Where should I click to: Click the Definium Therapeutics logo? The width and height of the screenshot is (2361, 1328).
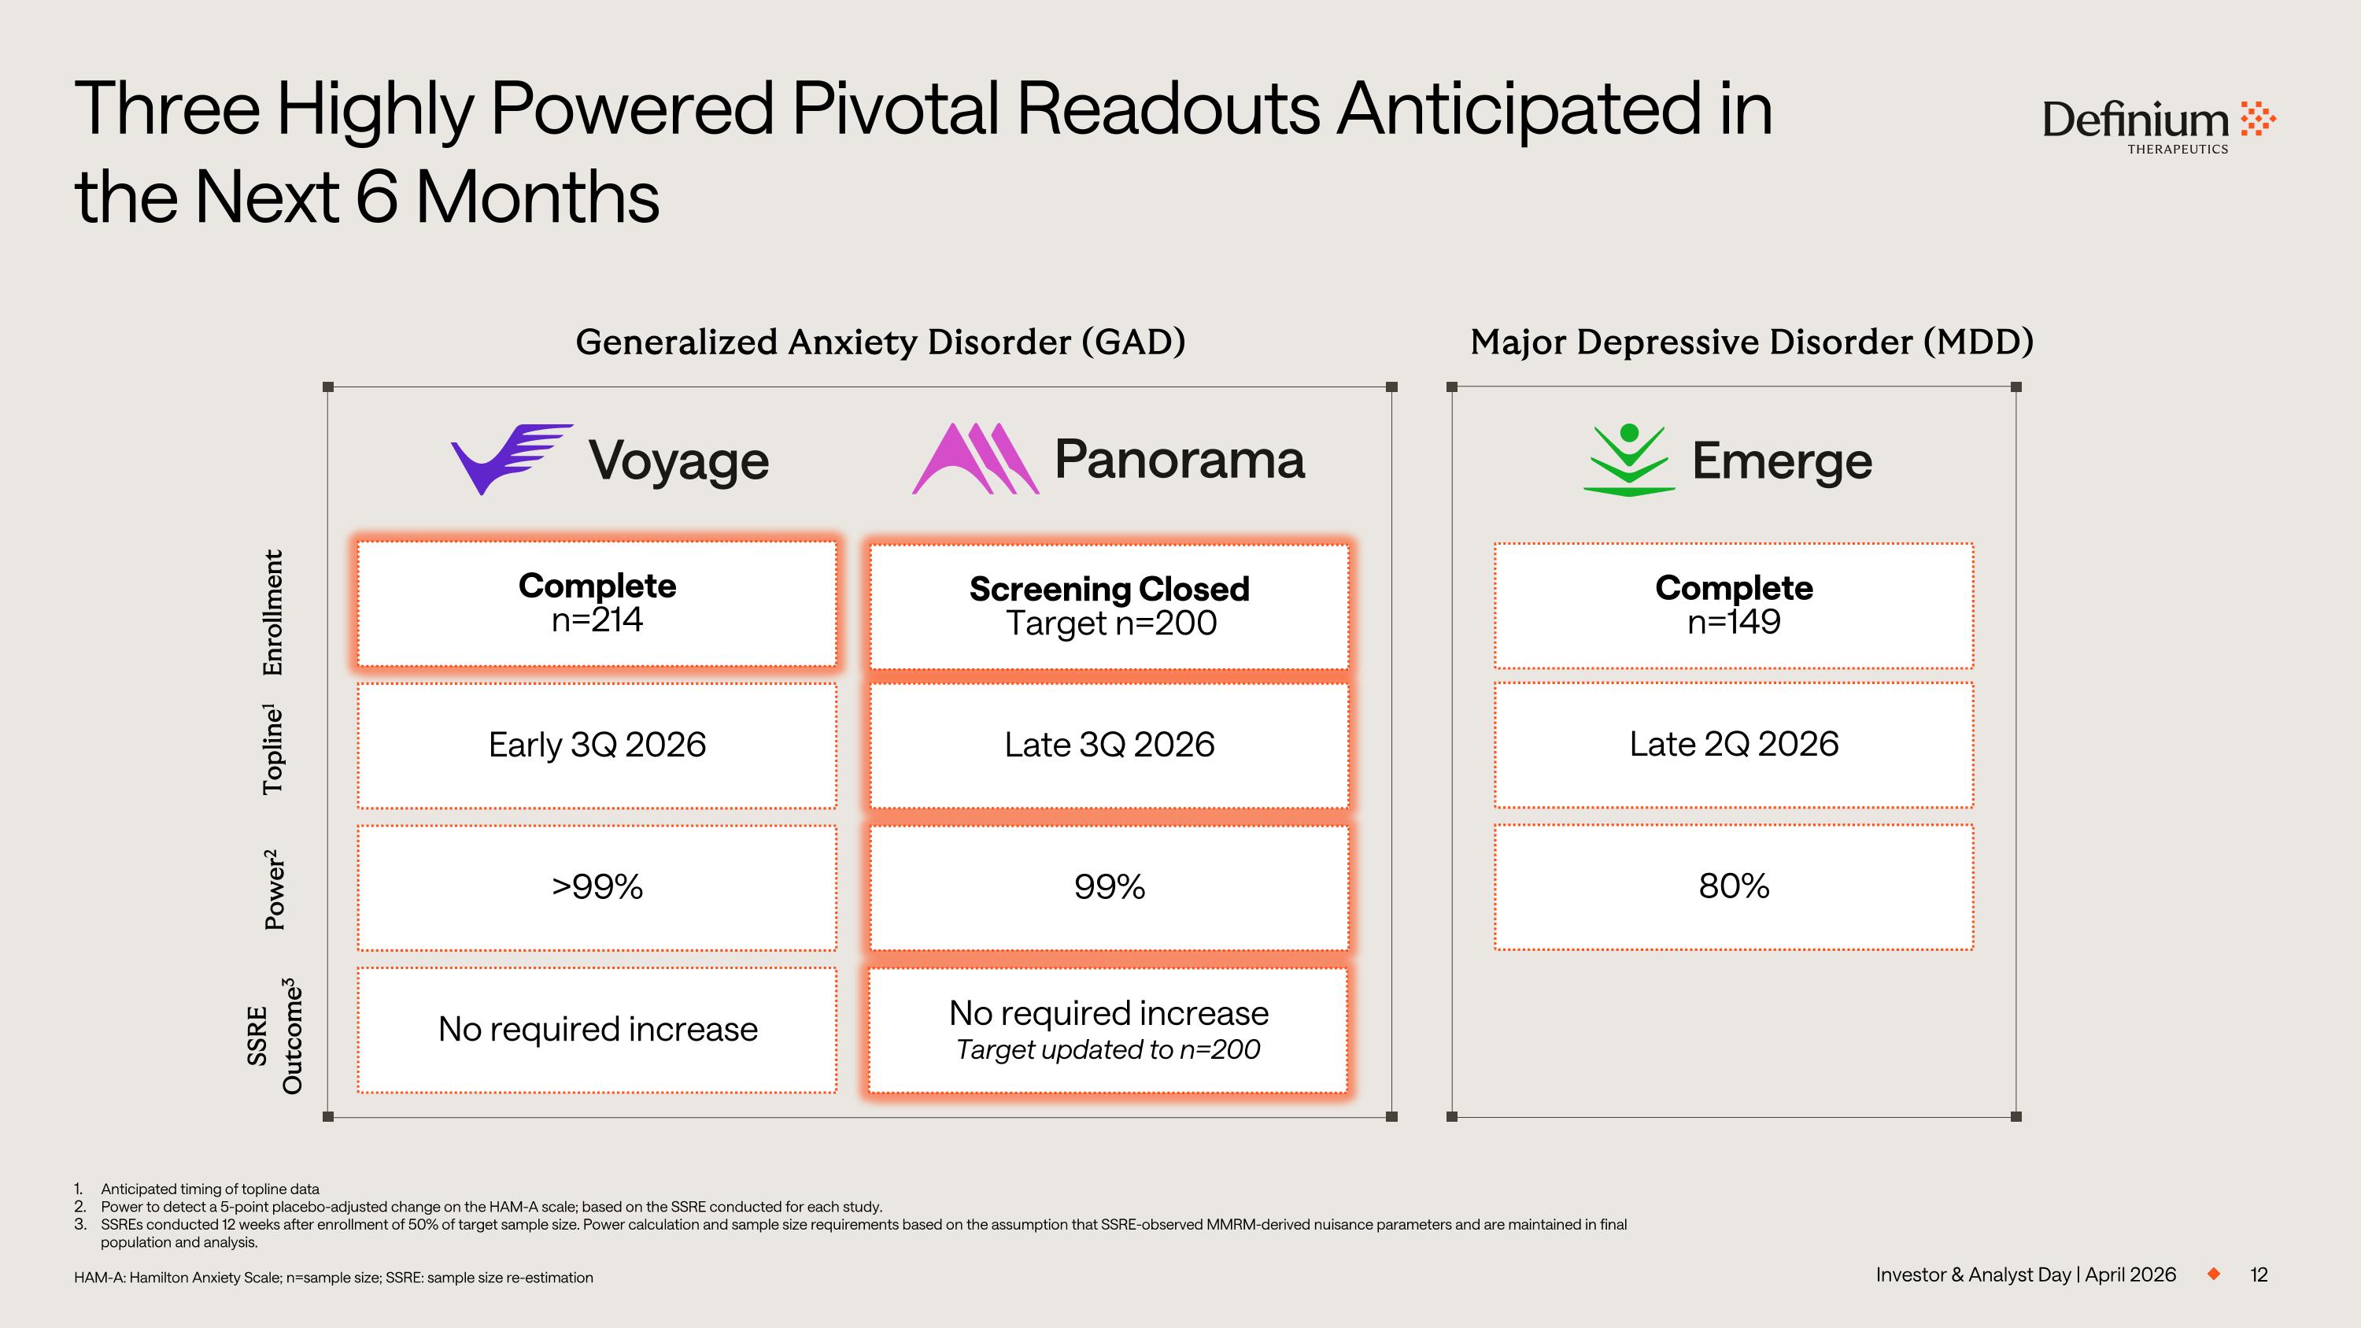(x=2159, y=127)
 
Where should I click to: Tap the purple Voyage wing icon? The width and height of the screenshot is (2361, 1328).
(x=512, y=459)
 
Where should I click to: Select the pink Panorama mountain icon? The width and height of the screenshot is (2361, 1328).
(x=975, y=458)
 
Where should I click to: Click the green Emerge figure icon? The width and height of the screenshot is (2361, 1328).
(x=1628, y=460)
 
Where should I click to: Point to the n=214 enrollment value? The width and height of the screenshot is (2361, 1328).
(x=597, y=620)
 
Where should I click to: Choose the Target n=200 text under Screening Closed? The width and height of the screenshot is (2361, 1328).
(x=1110, y=623)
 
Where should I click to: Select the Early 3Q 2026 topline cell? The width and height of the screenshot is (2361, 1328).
(x=597, y=745)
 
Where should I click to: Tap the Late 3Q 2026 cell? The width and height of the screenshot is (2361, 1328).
(x=1109, y=745)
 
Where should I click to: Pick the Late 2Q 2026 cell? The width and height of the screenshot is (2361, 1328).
(x=1733, y=744)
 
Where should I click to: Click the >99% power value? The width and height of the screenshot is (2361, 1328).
(x=597, y=887)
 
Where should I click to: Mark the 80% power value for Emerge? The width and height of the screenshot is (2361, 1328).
(x=1733, y=886)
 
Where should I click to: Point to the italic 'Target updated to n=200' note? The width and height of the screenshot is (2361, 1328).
(x=1108, y=1049)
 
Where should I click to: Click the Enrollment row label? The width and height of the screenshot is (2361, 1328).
(x=272, y=613)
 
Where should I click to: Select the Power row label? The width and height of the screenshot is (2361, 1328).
(x=273, y=889)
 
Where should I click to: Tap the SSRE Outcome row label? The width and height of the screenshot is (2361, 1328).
(x=274, y=1036)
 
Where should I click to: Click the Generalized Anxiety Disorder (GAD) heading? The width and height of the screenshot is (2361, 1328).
(x=880, y=342)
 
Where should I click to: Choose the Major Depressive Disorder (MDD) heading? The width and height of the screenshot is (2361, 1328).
(x=1752, y=342)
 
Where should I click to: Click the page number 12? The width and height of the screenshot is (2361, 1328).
(x=2259, y=1274)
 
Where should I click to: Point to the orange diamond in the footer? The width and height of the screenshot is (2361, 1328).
(x=2213, y=1274)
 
